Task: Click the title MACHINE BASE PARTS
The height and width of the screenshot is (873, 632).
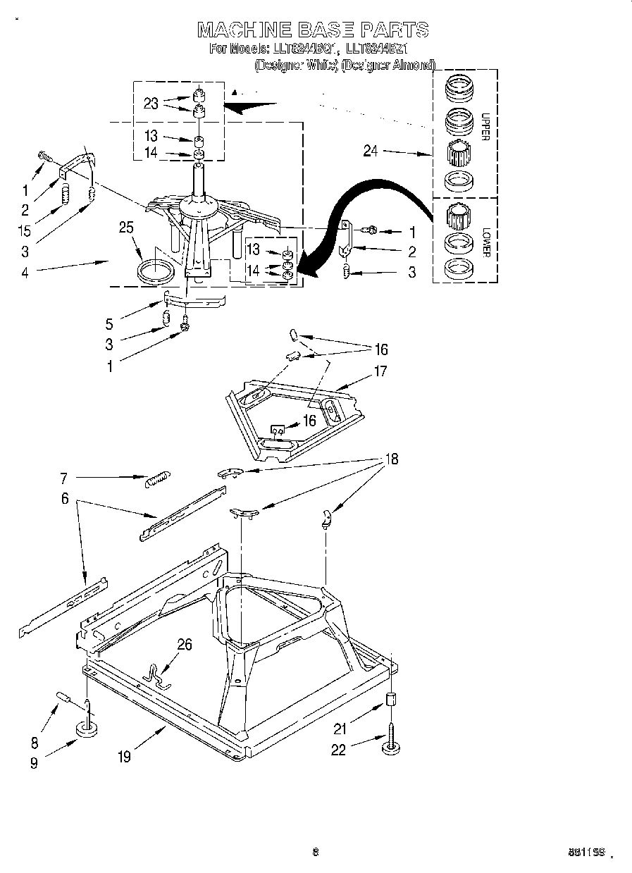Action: [x=313, y=30]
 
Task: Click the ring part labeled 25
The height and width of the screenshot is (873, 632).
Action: [x=155, y=271]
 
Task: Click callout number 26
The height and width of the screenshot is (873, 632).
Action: [x=184, y=643]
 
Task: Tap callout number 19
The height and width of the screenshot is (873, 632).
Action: [x=124, y=757]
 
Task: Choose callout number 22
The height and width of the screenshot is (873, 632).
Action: [x=339, y=750]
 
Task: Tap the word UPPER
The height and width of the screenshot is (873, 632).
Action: [x=485, y=127]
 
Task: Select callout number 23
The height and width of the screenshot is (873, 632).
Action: [x=151, y=103]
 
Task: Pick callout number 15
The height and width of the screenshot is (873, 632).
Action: [x=25, y=230]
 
